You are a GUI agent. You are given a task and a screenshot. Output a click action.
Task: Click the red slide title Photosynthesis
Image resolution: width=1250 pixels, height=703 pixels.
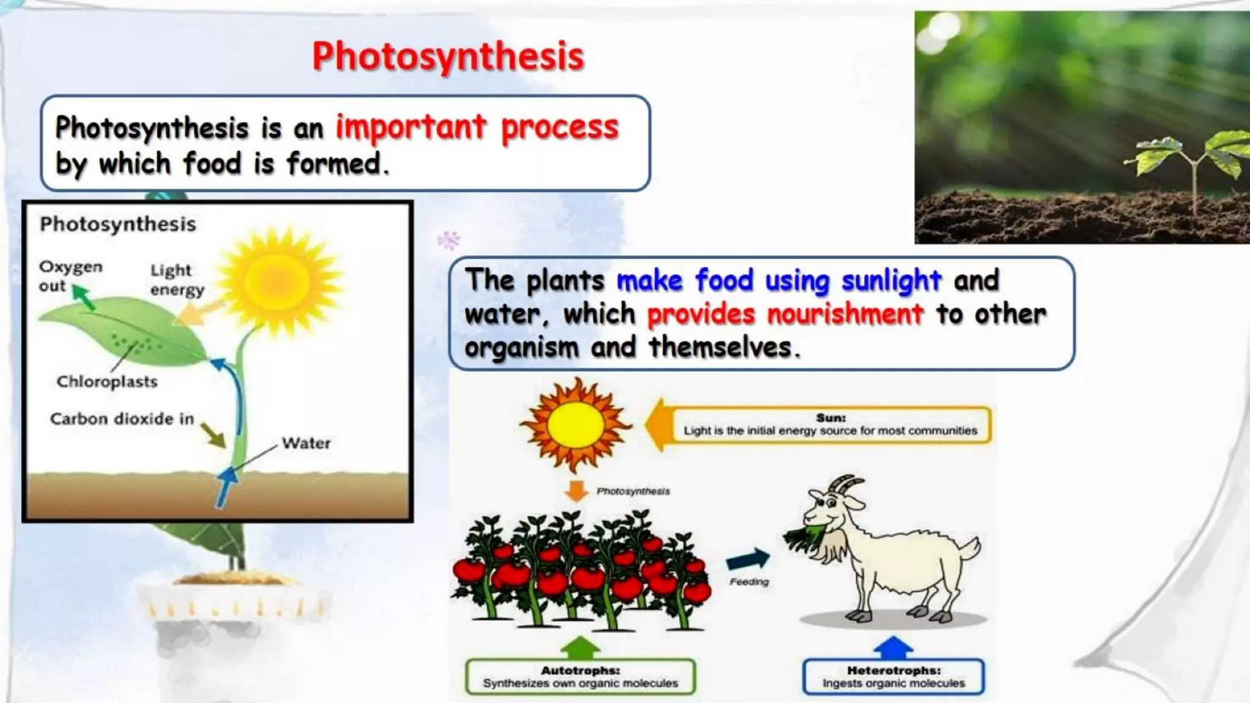point(448,56)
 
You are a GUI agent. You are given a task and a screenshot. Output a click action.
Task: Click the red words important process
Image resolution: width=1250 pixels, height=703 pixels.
point(477,128)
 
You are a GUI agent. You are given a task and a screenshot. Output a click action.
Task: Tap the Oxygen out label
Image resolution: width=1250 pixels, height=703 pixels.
point(70,276)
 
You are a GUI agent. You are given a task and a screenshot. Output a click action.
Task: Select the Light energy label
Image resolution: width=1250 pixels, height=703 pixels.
point(176,279)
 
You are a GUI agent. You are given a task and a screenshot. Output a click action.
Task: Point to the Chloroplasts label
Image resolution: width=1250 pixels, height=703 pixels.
point(107,382)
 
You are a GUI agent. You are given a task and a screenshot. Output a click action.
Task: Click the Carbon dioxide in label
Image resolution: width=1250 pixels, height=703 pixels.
point(121,419)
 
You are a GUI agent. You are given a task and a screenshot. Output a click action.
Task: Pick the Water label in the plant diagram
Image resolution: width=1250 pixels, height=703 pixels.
point(306,443)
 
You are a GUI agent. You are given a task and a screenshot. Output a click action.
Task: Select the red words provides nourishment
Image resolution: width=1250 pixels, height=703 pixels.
point(785,314)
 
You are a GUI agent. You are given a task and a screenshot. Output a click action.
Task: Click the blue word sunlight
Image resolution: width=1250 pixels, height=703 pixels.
point(891,281)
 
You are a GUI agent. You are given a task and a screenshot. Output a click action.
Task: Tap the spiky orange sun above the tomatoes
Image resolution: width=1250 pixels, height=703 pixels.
point(575,425)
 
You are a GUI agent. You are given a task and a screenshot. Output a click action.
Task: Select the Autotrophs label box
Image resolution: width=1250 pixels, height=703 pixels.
point(580,677)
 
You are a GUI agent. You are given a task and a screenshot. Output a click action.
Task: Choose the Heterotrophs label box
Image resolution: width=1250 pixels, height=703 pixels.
point(893,677)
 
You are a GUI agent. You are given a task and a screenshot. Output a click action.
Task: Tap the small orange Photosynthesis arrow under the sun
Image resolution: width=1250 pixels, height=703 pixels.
point(576,490)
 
